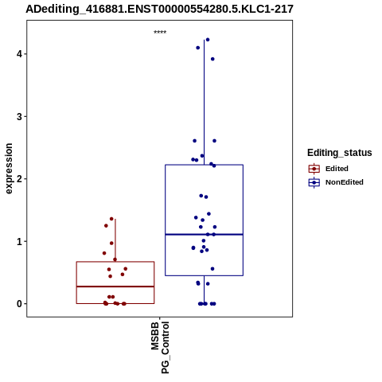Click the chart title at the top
159,9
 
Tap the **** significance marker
160,32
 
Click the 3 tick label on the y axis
19,116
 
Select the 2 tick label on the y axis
19,179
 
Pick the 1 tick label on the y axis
19,241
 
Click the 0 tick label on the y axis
19,304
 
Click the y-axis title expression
9,169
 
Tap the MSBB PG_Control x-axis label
160,347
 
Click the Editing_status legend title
339,153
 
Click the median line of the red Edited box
115,286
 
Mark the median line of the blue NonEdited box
204,235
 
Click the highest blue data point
208,40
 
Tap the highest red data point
111,219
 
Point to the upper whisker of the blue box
204,102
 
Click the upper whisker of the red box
115,240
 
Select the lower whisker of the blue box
204,290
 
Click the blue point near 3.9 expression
212,59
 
